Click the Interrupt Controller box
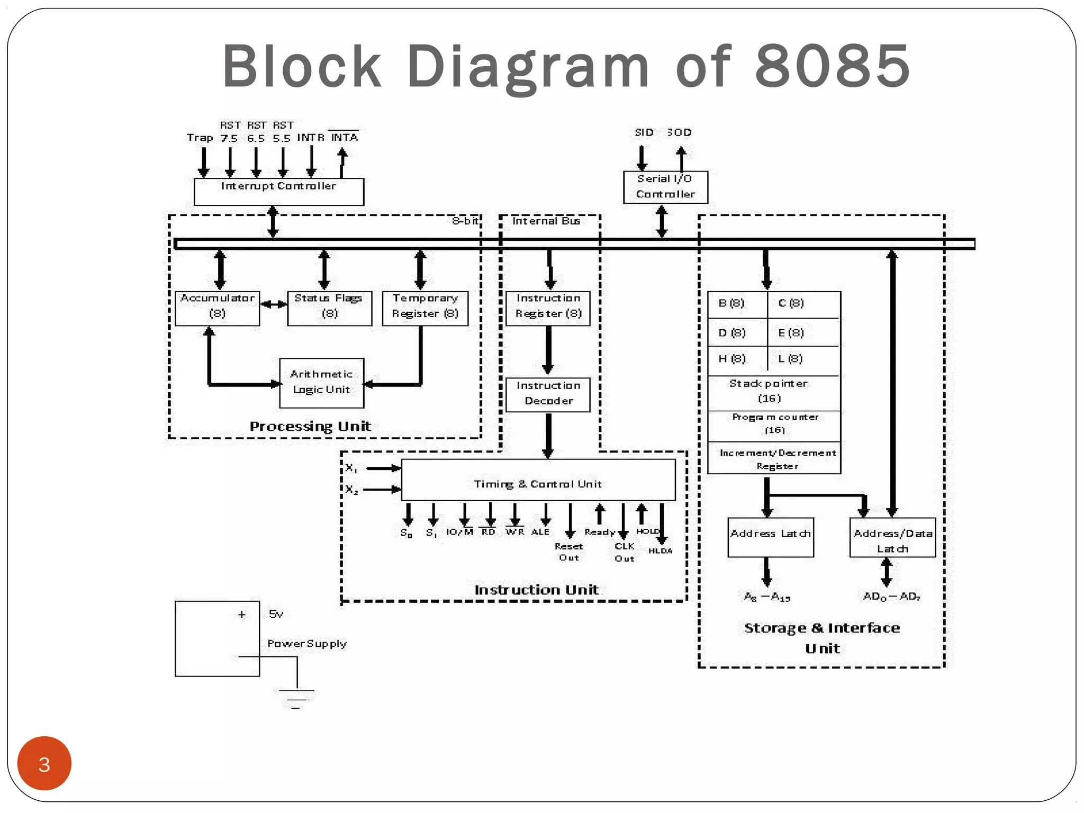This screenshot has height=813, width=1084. pos(278,192)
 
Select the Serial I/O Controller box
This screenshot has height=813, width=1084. pos(665,187)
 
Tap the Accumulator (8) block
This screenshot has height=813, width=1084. pos(217,308)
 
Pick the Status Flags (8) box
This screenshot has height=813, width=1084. pos(329,308)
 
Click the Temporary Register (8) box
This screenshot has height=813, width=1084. pos(425,308)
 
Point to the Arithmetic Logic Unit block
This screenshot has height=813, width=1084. pos(321,383)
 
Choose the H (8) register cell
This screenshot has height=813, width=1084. pos(736,359)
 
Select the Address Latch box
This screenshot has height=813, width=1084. pos(770,537)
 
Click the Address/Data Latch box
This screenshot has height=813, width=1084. pos(892,537)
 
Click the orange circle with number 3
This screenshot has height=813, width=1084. pos(44,763)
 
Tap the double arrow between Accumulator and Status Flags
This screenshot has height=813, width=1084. pos(274,304)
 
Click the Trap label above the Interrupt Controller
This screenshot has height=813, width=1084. pos(200,138)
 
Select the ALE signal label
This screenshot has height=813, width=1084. pos(540,531)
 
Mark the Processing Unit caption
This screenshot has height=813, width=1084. pos(310,426)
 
